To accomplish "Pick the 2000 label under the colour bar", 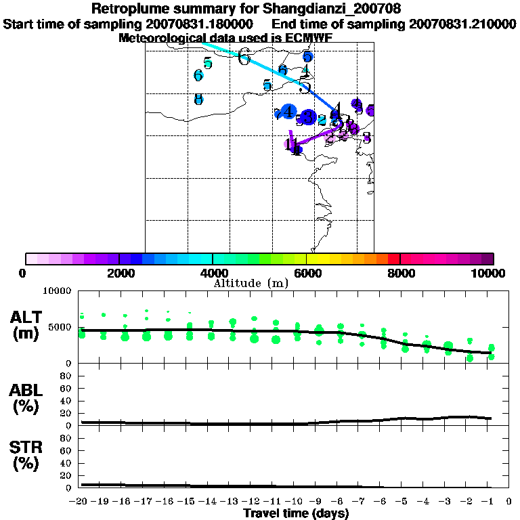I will coord(118,273).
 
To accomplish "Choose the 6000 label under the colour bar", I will coord(306,273).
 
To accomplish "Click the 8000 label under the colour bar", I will coord(400,273).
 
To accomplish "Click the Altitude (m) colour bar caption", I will coord(251,283).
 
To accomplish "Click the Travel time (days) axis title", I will coord(296,514).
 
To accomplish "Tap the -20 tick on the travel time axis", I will coord(79,502).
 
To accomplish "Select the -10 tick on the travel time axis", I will coord(295,502).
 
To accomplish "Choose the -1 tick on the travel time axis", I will coord(490,502).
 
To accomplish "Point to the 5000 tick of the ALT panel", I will coord(61,327).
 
